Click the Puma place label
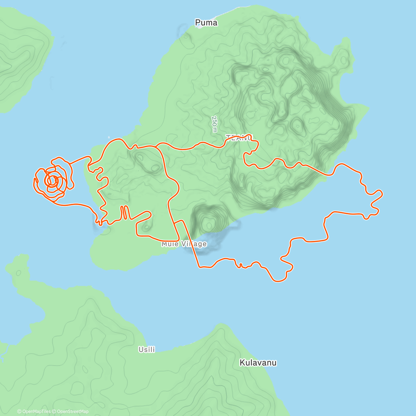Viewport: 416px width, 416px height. (x=206, y=23)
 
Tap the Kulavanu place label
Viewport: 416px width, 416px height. (x=258, y=363)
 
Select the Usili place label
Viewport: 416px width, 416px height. (x=147, y=349)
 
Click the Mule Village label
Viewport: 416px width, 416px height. (x=184, y=244)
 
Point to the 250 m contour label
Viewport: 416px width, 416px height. (x=215, y=124)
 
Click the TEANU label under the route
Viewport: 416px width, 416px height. (x=239, y=138)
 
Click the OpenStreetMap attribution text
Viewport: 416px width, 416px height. (x=73, y=411)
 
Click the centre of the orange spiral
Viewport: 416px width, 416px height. (x=52, y=181)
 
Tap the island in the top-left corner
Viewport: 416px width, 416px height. (x=21, y=55)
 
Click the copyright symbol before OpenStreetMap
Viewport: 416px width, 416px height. (x=54, y=411)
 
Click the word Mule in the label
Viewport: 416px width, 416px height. (x=170, y=244)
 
